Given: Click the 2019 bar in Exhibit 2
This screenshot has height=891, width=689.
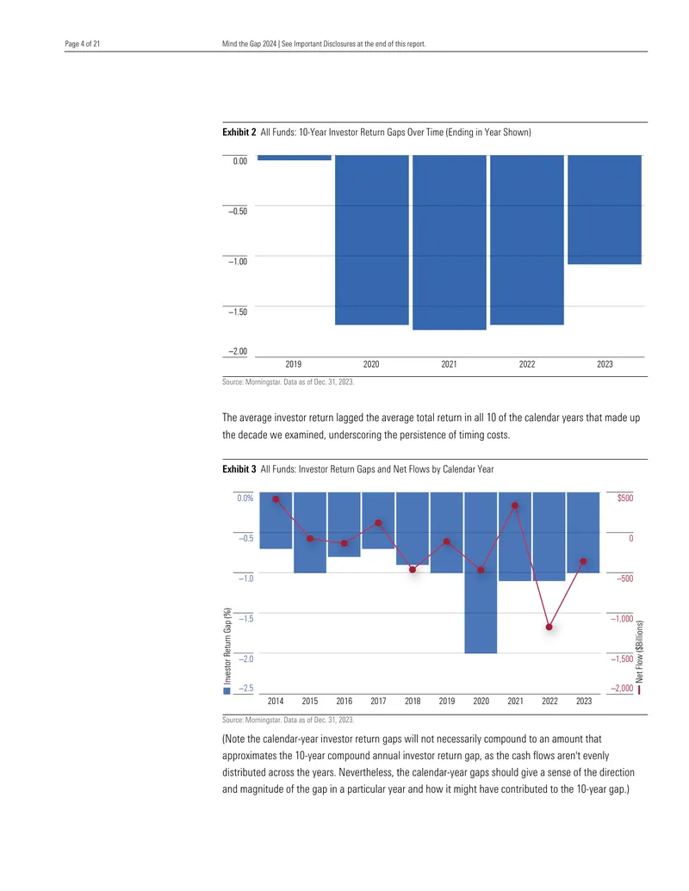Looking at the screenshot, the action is [294, 158].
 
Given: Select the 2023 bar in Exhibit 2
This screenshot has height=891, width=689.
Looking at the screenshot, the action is [605, 210].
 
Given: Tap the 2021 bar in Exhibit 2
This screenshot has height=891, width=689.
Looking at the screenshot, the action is [449, 242].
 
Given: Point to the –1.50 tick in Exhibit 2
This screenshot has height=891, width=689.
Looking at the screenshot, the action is [238, 312].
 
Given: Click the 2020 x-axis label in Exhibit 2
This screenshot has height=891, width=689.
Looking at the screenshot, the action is [371, 364].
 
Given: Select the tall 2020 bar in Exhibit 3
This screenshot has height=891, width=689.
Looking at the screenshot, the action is [481, 572].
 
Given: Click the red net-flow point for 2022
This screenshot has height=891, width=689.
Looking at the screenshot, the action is [549, 627].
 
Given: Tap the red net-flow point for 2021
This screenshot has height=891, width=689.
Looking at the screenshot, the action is [515, 505].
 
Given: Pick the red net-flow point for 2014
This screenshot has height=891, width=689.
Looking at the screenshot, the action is [276, 499].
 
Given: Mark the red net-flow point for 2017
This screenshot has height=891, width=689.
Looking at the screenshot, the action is [379, 523].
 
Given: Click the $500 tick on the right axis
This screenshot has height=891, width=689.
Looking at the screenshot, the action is [624, 498].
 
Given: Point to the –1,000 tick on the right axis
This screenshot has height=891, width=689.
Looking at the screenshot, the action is [622, 619].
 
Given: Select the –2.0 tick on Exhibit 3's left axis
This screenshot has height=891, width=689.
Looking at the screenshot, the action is [245, 659].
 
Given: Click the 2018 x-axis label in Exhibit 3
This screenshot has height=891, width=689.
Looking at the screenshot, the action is [413, 702].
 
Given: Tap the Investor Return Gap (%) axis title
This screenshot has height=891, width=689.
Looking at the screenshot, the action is [227, 647].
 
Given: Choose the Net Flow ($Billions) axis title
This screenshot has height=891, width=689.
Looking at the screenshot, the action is [640, 652].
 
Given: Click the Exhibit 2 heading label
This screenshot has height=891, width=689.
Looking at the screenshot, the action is [239, 133].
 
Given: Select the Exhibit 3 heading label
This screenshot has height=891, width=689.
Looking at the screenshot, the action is [239, 469].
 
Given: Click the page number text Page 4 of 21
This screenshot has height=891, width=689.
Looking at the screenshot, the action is [83, 44].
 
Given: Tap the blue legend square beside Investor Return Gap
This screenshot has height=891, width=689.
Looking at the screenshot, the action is [227, 691].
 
